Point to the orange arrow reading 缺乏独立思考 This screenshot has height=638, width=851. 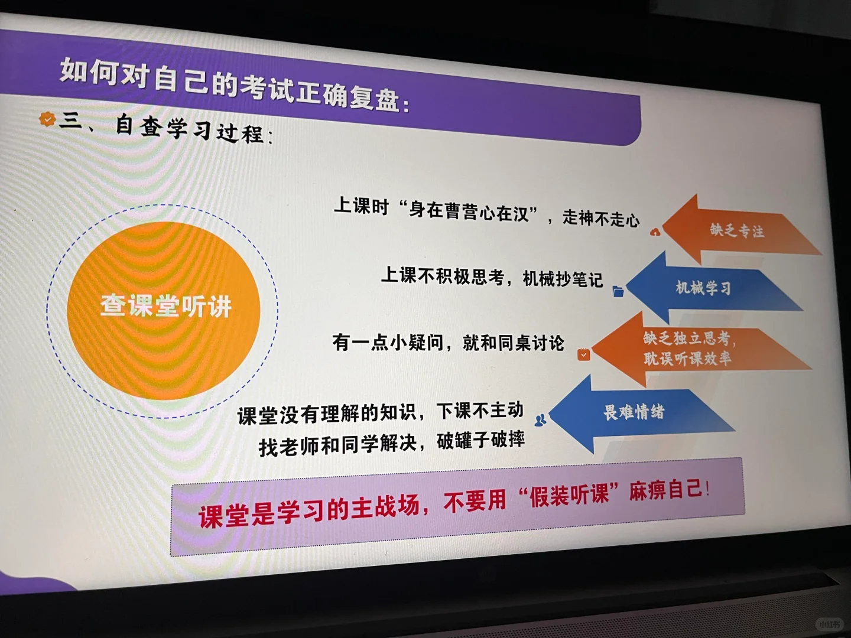click(x=694, y=349)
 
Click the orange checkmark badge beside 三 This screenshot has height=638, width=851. click(x=47, y=119)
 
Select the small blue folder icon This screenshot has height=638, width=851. click(x=618, y=291)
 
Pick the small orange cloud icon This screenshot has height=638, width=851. click(x=655, y=232)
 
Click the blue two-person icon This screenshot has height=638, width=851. click(x=541, y=420)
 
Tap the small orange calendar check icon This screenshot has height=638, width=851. click(x=583, y=354)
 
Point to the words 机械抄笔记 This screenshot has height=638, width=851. click(x=563, y=278)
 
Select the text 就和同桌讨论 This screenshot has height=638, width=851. click(x=514, y=343)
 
